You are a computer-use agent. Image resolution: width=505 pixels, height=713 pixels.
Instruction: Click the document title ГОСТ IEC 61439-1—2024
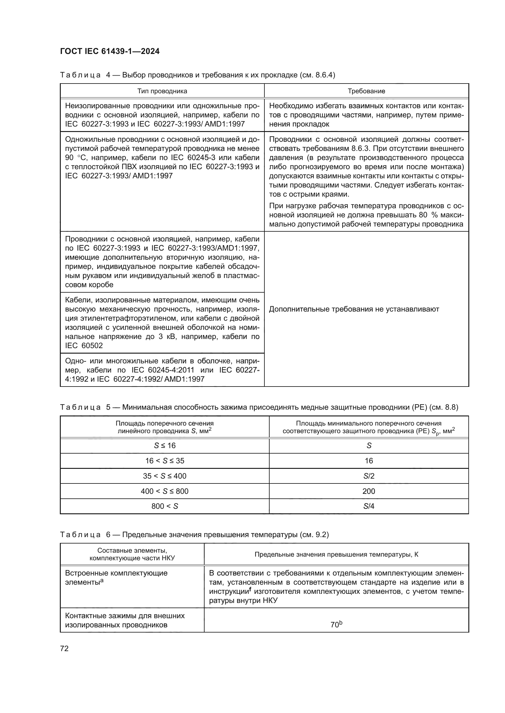[x=110, y=52]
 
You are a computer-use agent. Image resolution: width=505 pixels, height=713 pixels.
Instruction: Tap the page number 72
[x=64, y=648]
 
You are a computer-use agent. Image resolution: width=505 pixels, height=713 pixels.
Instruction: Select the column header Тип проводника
[x=162, y=91]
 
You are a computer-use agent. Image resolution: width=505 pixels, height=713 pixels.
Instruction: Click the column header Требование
[x=366, y=91]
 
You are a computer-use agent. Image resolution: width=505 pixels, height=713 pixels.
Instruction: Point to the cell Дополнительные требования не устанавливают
[x=354, y=309]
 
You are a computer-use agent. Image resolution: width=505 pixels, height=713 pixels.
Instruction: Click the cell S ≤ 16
[x=165, y=446]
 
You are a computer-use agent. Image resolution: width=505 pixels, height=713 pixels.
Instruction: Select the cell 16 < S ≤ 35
[x=165, y=461]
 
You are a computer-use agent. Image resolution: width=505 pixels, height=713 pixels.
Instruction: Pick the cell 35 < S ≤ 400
[x=165, y=476]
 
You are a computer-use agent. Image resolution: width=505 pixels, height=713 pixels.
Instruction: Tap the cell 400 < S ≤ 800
[x=165, y=491]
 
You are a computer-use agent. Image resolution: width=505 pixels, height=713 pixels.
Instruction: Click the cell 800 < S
[x=165, y=506]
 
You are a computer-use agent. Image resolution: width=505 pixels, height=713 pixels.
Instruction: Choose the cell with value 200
[x=369, y=491]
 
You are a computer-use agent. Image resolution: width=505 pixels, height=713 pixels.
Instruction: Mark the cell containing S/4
[x=369, y=506]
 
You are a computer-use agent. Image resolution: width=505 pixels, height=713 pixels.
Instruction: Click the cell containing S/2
[x=369, y=476]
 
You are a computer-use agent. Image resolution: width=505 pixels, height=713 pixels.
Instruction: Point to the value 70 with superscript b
[x=336, y=625]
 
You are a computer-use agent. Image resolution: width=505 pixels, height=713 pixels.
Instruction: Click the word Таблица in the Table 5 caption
[x=80, y=407]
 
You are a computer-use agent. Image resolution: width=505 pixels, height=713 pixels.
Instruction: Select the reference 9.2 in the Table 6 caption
[x=321, y=535]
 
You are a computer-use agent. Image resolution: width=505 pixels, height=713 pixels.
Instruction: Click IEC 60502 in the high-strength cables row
[x=84, y=346]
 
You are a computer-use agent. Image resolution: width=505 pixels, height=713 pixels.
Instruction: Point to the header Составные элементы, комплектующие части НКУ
[x=132, y=554]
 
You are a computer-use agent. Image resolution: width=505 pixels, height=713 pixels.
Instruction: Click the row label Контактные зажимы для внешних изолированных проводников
[x=124, y=620]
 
